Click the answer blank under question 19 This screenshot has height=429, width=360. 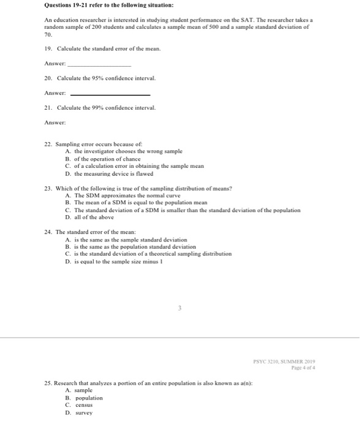[x=99, y=64]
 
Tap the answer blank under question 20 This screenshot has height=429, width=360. [x=110, y=94]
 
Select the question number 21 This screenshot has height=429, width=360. [x=48, y=107]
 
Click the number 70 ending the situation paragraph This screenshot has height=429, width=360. [x=48, y=36]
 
